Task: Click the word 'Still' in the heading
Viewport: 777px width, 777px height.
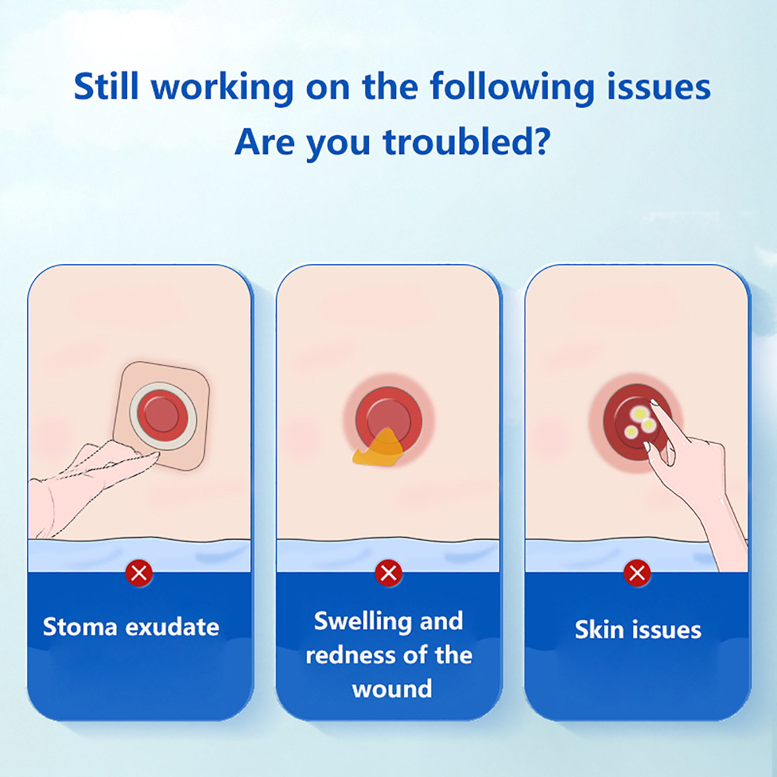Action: [106, 86]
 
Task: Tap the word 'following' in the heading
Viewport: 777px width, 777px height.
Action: [512, 87]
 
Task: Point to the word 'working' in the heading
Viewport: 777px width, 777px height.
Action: [222, 87]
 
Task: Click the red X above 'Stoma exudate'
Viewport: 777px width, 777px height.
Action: [139, 573]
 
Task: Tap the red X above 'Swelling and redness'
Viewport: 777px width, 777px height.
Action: [388, 573]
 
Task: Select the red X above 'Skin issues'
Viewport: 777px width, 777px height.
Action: [637, 573]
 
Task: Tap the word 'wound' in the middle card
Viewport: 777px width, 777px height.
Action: [392, 689]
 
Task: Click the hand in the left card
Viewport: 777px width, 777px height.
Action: [87, 486]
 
